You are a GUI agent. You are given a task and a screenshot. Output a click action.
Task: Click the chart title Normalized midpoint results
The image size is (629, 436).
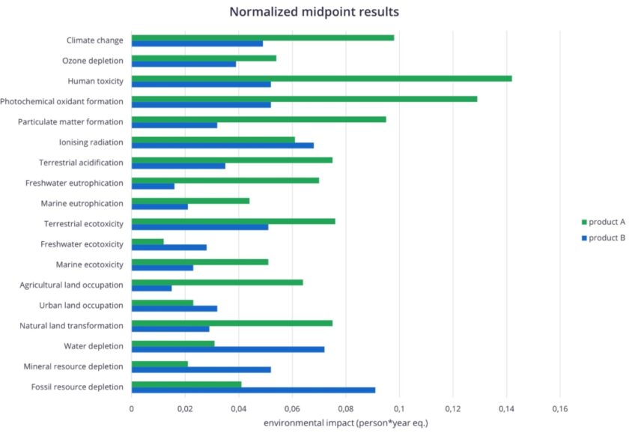pyautogui.click(x=314, y=12)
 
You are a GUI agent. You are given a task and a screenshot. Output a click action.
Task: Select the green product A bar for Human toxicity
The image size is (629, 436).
pyautogui.click(x=321, y=78)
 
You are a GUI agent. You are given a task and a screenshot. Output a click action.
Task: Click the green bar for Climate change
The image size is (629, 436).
pyautogui.click(x=262, y=37)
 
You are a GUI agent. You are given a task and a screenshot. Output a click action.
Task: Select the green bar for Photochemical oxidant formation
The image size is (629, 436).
pyautogui.click(x=304, y=98)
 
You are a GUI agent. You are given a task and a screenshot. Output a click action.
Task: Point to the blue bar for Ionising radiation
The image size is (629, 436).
pyautogui.click(x=222, y=145)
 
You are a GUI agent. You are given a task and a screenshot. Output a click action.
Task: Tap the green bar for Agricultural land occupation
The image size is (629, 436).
pyautogui.click(x=217, y=282)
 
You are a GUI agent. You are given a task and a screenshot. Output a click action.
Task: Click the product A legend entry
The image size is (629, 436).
pyautogui.click(x=602, y=222)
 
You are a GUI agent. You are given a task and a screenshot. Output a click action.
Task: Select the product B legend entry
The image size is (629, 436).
pyautogui.click(x=602, y=237)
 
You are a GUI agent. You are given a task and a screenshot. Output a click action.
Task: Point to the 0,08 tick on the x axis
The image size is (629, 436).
pyautogui.click(x=345, y=409)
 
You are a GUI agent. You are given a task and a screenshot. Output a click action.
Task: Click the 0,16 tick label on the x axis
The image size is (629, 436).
pyautogui.click(x=559, y=409)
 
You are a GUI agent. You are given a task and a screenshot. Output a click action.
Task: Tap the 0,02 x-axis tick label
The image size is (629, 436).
pyautogui.click(x=185, y=409)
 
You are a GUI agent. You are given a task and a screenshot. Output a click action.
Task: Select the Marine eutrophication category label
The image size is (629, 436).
pyautogui.click(x=82, y=204)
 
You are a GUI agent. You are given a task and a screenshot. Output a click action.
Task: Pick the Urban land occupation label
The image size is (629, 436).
pyautogui.click(x=81, y=306)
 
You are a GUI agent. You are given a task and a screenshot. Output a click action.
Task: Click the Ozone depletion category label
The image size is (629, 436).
pyautogui.click(x=92, y=61)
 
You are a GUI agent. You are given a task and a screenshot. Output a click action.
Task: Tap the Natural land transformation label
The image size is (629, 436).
pyautogui.click(x=71, y=326)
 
